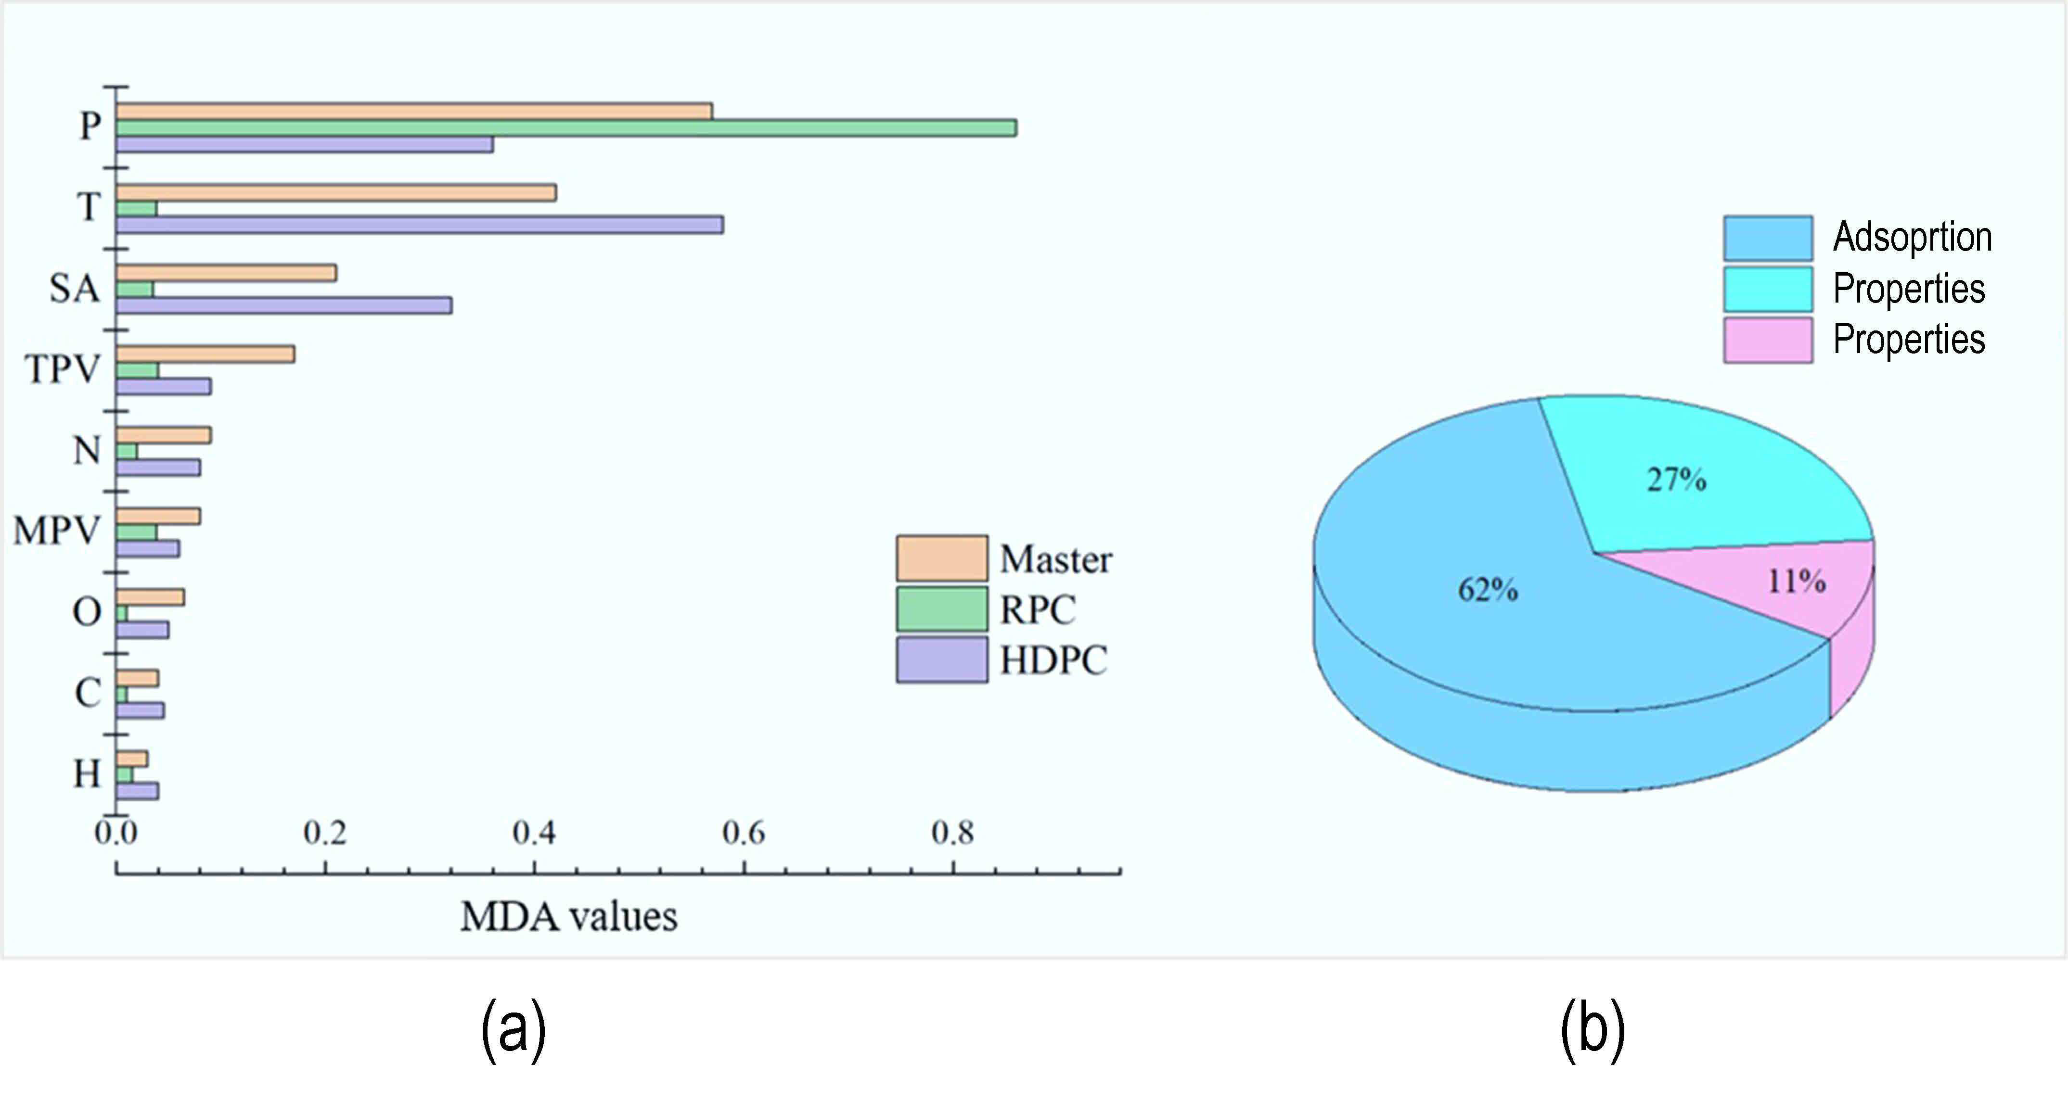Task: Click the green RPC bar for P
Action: [566, 127]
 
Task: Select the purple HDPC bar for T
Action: [419, 225]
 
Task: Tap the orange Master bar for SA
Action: [226, 273]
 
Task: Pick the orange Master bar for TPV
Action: [206, 354]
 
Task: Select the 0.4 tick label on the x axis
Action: [534, 833]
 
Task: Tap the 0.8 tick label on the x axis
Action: [953, 833]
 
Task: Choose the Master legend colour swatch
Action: [942, 558]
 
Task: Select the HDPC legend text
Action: [1053, 660]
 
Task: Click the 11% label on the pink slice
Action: [1797, 580]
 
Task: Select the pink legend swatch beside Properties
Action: [1768, 340]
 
